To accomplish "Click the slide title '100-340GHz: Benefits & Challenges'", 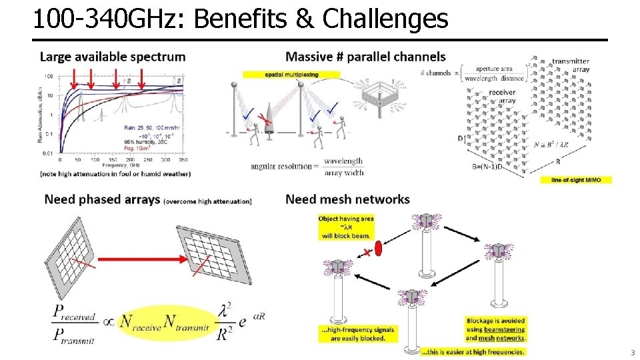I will (240, 19).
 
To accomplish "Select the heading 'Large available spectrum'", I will (113, 57).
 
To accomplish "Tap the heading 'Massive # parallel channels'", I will (365, 57).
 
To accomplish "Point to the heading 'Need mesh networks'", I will (347, 199).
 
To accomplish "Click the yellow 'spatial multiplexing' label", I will (291, 75).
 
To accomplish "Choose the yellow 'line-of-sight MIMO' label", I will (581, 180).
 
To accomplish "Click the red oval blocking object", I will (378, 249).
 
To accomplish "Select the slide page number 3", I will (633, 353).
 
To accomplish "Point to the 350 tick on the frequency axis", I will (183, 160).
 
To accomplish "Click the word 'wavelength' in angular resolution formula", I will (343, 161).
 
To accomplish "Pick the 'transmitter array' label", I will (571, 65).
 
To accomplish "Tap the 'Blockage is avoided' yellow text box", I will (495, 329).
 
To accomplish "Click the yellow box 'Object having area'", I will (346, 227).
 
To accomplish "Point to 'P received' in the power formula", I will (75, 315).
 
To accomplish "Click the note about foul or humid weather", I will (115, 174).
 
